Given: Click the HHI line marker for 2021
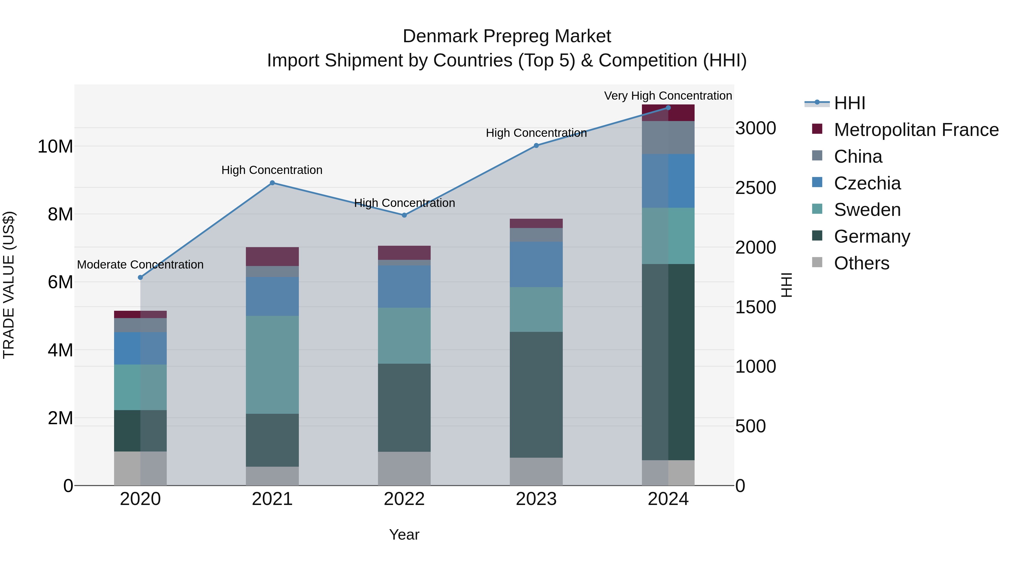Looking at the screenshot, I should coord(272,183).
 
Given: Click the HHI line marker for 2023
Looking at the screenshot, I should coord(536,146).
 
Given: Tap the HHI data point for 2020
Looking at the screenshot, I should coord(140,277).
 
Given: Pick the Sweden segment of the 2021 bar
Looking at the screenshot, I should coord(272,365).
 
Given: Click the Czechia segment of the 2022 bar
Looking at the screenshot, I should coord(404,286).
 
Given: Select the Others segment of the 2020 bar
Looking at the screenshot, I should coord(140,468).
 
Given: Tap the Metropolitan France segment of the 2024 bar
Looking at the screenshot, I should coord(668,113).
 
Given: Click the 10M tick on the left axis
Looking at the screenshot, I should coord(55,146).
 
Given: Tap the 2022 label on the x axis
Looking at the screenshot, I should coord(404,499).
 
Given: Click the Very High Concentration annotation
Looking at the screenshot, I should coord(668,96).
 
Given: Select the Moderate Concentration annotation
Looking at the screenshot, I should coord(140,265).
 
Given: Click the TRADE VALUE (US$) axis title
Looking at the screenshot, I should coord(9,285).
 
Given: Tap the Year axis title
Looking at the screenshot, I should coord(404,535).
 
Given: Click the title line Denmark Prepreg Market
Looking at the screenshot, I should coord(507,36).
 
